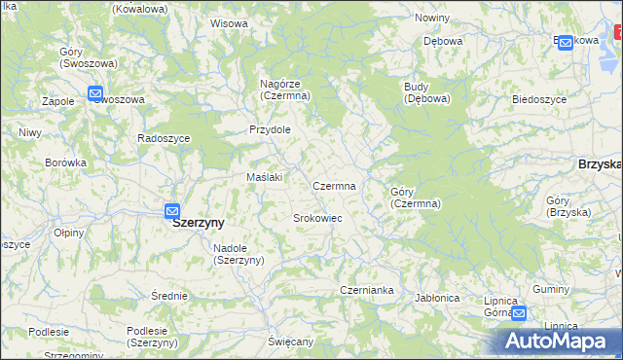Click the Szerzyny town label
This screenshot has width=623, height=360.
[x=198, y=222]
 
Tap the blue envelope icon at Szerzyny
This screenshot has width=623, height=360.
[x=172, y=210]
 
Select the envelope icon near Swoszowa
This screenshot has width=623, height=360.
[x=95, y=93]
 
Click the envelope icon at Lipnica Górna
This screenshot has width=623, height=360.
[x=519, y=313]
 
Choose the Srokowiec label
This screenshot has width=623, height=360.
[x=317, y=218]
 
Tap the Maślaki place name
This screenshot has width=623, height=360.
[x=265, y=177]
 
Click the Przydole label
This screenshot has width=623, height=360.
[x=270, y=129]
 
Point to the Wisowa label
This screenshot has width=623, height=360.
[x=229, y=22]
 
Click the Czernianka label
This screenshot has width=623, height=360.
[x=366, y=290]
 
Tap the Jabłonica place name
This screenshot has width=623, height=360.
[x=436, y=298]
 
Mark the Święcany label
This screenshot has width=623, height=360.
[x=291, y=342]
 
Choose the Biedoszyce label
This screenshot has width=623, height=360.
[x=539, y=99]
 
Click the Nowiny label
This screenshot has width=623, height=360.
[x=431, y=18]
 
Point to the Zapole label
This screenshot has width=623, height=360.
[x=60, y=100]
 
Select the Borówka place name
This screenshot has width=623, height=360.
[x=66, y=162]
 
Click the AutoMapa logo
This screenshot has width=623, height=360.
[x=558, y=341]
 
